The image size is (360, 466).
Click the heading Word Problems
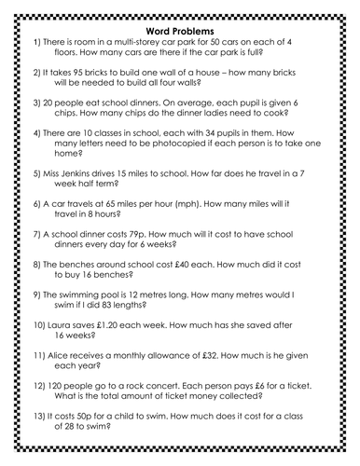click(x=181, y=21)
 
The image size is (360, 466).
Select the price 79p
click(x=160, y=262)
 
